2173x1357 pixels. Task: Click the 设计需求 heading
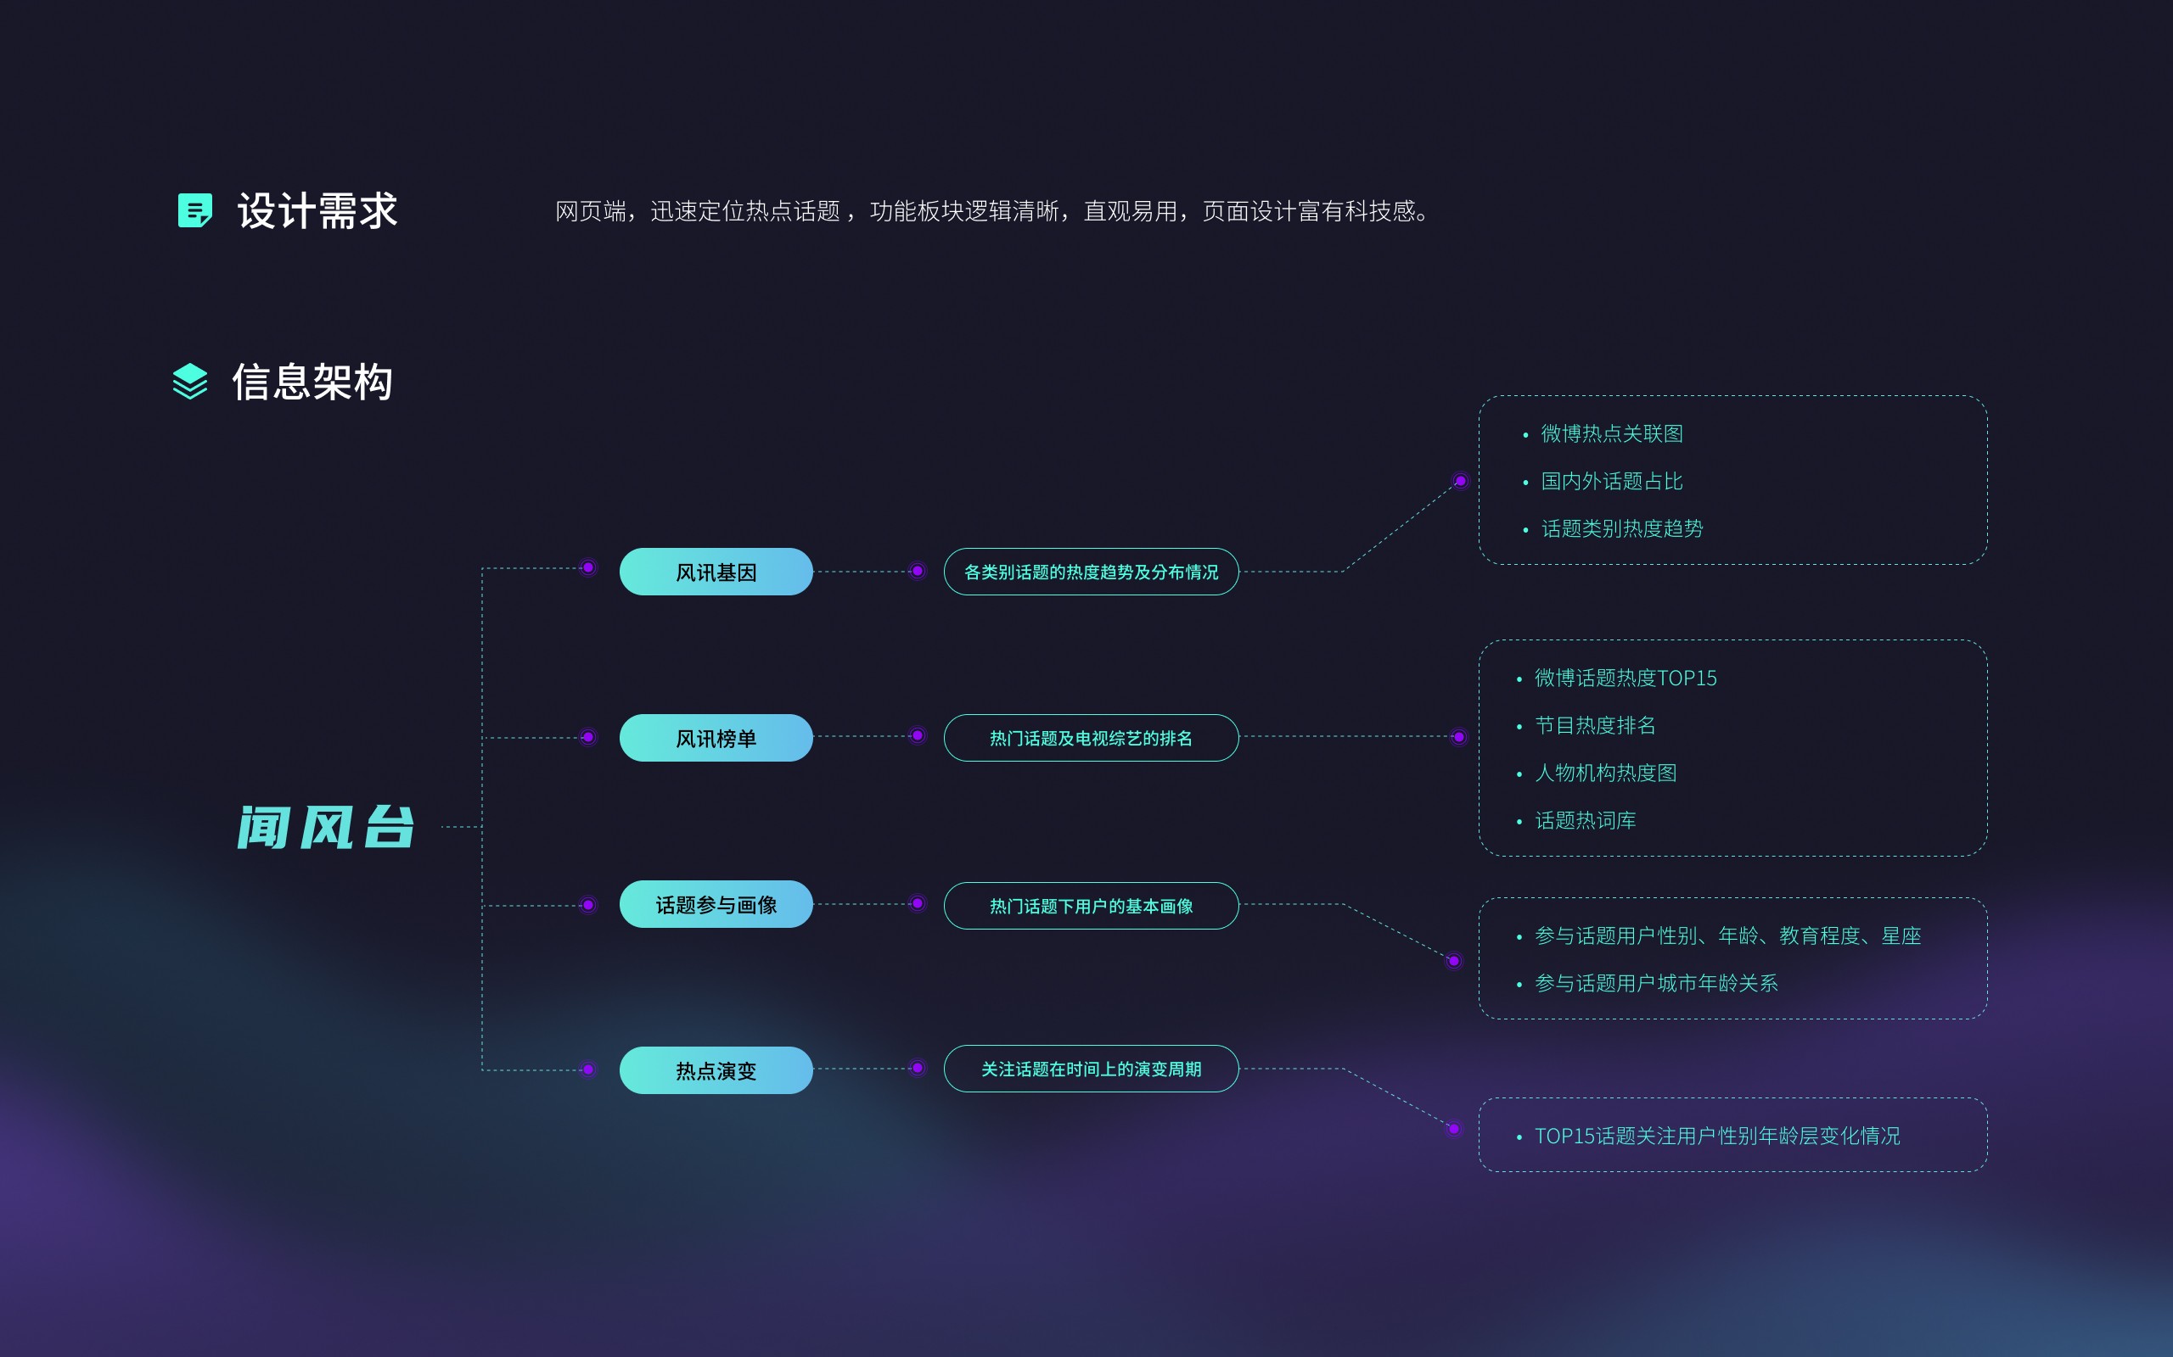point(317,211)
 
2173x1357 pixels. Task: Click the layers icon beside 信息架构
point(190,382)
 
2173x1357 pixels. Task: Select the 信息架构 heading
point(312,383)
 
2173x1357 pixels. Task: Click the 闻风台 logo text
point(326,827)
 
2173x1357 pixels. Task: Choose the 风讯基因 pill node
point(716,572)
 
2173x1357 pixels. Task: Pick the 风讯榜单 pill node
point(716,738)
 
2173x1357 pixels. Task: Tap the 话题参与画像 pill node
point(716,905)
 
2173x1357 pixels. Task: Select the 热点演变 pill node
point(716,1069)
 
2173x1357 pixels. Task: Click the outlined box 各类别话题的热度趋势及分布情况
point(1091,572)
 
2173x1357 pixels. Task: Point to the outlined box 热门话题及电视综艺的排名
point(1091,738)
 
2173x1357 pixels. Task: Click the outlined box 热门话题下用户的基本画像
point(1091,906)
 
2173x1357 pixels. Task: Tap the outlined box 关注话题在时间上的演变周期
point(1091,1069)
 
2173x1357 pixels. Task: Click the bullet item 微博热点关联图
point(1611,433)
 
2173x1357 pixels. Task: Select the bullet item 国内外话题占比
point(1611,481)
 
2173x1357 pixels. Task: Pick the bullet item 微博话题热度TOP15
point(1626,678)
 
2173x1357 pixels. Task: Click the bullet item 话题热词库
point(1585,820)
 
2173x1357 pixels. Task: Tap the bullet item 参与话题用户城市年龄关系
point(1656,984)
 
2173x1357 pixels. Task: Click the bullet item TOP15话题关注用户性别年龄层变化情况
point(1717,1136)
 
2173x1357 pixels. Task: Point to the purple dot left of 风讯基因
point(588,567)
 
